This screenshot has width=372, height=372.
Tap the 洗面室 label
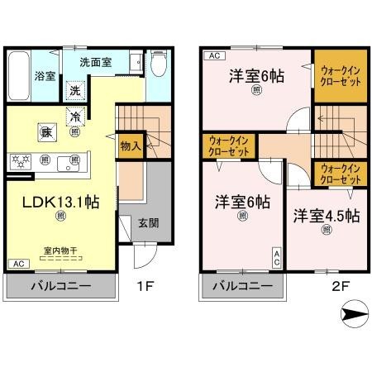96,61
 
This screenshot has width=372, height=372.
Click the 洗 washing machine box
76,89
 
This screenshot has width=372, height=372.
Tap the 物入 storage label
130,145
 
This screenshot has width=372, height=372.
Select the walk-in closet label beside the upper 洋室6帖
340,76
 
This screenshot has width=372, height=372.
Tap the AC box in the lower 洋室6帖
276,256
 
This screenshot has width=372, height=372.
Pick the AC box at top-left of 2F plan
212,55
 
